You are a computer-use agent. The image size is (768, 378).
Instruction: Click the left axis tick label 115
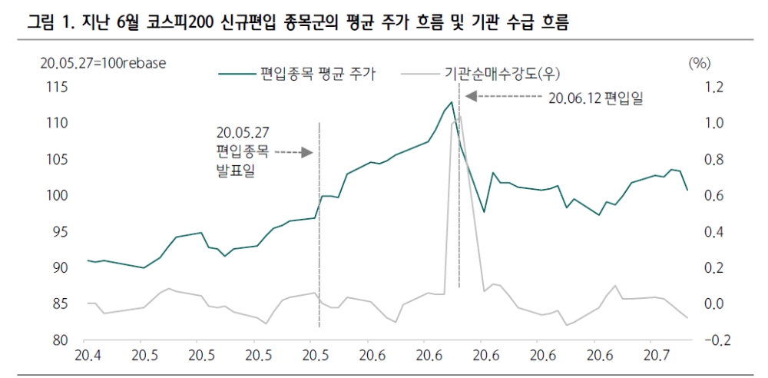pyautogui.click(x=58, y=87)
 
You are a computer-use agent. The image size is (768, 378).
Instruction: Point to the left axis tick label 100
pyautogui.click(x=58, y=195)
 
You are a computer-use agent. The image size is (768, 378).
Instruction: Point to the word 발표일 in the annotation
pyautogui.click(x=236, y=170)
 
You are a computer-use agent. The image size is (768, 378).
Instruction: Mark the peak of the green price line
pyautogui.click(x=452, y=101)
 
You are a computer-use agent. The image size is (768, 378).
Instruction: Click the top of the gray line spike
pyautogui.click(x=458, y=116)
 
